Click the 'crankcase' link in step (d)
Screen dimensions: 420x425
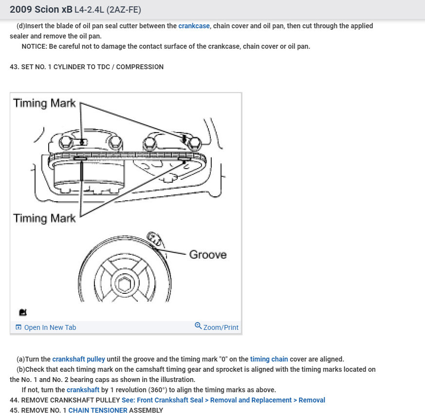194,26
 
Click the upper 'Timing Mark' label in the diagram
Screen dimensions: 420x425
44,103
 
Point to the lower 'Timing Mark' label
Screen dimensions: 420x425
44,218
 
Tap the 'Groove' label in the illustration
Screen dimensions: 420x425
208,254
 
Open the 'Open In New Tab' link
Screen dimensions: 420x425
50,327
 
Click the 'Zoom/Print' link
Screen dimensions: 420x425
221,327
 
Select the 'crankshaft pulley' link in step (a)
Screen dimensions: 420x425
78,359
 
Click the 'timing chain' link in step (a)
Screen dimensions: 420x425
269,359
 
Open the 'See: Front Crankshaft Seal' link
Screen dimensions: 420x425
223,400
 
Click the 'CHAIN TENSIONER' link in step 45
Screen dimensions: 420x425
97,410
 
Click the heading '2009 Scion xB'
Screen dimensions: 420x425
41,10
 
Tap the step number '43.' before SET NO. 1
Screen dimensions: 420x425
14,67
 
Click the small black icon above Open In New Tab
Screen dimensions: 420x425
23,312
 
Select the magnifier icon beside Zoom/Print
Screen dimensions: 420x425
198,326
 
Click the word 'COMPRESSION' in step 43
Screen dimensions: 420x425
141,67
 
